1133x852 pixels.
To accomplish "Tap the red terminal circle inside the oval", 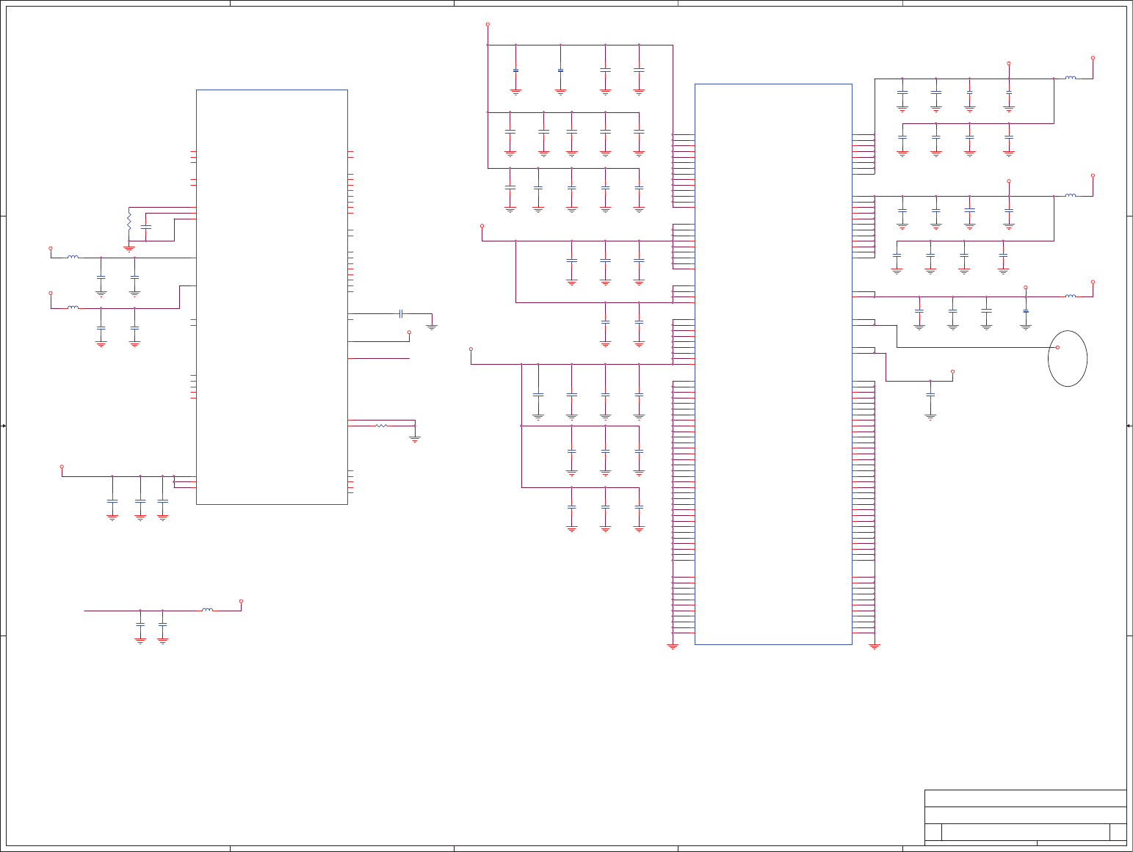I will click(1057, 347).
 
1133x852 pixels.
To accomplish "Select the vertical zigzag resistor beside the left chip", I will click(128, 220).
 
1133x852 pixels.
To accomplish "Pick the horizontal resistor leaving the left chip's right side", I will click(381, 426).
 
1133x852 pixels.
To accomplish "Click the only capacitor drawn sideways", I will click(401, 313).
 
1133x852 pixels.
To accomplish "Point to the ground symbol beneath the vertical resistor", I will click(128, 249).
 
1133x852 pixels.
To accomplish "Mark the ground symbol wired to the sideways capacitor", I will click(431, 327).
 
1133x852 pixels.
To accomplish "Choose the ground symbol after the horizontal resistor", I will click(415, 440).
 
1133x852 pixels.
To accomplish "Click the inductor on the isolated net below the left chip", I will click(208, 610).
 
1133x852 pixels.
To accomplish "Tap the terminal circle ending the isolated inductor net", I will click(241, 601).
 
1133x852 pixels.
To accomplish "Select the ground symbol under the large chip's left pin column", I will click(673, 647).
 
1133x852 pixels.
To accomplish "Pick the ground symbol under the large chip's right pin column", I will click(874, 647).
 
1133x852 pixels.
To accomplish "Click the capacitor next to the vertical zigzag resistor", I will click(145, 227).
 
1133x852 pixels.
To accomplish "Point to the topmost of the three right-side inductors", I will click(1071, 78).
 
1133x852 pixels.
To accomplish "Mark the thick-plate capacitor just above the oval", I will click(1026, 311).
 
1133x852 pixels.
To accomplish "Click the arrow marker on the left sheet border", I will click(4, 426).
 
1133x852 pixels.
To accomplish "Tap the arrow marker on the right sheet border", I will click(1129, 426).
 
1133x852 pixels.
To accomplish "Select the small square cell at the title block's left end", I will click(933, 832).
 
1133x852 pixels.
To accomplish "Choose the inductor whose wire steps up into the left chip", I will click(73, 307).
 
